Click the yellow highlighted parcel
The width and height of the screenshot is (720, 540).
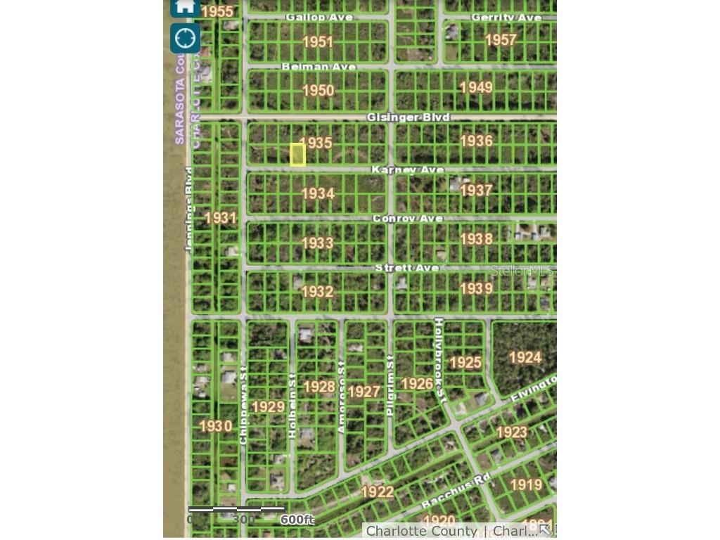[x=297, y=155]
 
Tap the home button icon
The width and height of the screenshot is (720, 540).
[x=185, y=7]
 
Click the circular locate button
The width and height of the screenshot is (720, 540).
[x=185, y=38]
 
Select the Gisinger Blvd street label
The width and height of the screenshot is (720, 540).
[x=408, y=117]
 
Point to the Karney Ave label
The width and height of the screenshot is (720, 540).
[x=408, y=170]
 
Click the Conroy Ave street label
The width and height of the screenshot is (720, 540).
[x=408, y=219]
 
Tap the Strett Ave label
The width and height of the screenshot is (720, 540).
[x=407, y=268]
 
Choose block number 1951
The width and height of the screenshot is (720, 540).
[x=318, y=41]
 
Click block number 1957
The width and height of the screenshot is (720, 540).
[x=501, y=40]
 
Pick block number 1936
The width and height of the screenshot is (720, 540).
[x=476, y=141]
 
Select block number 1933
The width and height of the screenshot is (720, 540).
[x=317, y=243]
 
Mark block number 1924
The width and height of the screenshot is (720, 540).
[x=525, y=357]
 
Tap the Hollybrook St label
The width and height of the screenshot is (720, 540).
[x=439, y=360]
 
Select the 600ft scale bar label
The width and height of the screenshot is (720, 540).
[x=297, y=520]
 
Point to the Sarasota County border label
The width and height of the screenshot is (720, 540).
[x=179, y=102]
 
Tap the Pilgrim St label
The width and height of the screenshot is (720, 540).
[x=391, y=385]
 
